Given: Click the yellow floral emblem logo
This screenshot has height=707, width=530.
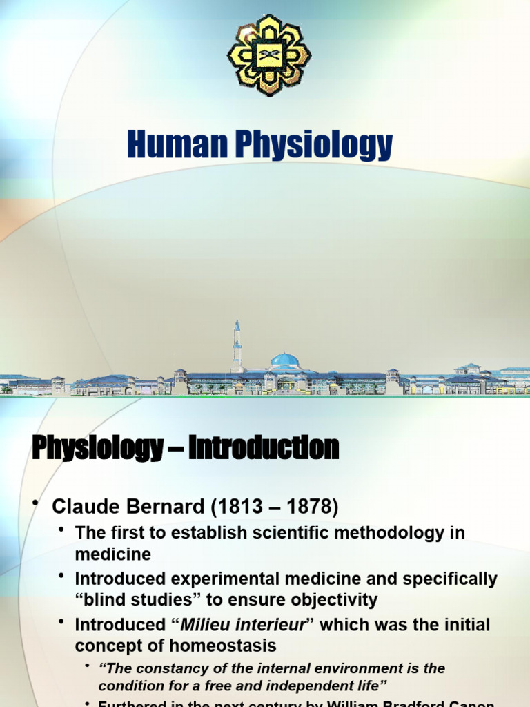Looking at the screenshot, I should [x=269, y=55].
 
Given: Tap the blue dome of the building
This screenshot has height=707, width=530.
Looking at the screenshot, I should [x=284, y=360].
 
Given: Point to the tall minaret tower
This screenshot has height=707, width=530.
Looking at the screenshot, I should [x=237, y=345].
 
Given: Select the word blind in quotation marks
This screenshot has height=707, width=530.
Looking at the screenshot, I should [x=101, y=600].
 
